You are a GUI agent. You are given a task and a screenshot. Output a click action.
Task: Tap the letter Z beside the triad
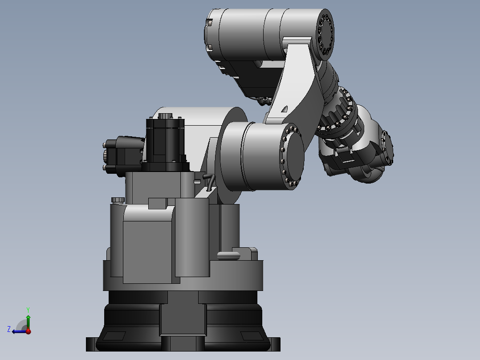(x=9, y=329)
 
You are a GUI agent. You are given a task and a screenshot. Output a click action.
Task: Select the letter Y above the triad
(x=28, y=309)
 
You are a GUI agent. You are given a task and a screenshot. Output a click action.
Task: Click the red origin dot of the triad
(x=28, y=331)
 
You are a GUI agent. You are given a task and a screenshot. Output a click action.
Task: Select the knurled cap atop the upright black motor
(x=165, y=116)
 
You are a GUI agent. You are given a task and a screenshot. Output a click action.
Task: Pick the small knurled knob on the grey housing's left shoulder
(x=117, y=199)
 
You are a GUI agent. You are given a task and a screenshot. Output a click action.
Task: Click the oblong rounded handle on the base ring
(x=228, y=255)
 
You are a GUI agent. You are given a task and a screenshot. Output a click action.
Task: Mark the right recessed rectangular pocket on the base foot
(x=252, y=335)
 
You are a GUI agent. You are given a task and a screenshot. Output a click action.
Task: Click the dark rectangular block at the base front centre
(x=183, y=319)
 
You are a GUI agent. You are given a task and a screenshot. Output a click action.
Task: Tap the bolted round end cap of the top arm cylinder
(x=325, y=36)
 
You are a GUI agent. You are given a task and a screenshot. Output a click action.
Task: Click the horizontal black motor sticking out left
(x=122, y=155)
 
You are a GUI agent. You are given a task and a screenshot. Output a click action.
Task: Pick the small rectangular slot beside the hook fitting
(x=197, y=181)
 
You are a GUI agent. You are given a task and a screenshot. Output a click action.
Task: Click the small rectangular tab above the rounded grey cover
(x=157, y=204)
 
